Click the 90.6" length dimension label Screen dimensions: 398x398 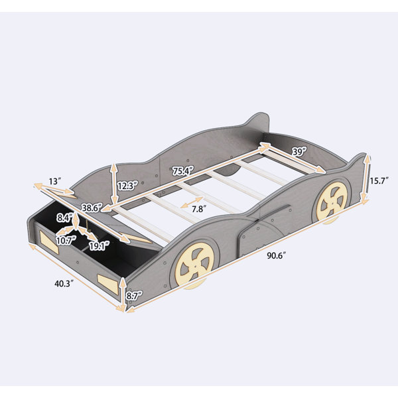point(277,255)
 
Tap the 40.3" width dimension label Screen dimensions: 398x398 point(64,283)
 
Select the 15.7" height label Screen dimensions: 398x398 point(379,181)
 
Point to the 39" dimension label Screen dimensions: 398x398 point(300,152)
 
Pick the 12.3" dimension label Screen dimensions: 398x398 point(127,186)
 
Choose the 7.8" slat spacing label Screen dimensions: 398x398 point(198,209)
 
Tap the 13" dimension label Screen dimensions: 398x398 point(55,182)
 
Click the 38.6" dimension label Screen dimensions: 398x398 point(92,208)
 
